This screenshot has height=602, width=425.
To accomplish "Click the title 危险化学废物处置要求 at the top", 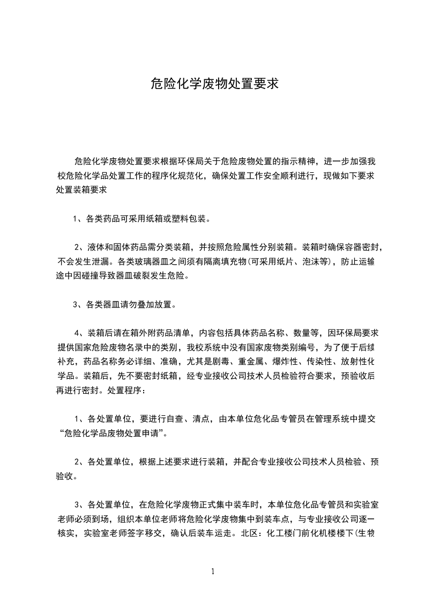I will [x=214, y=84].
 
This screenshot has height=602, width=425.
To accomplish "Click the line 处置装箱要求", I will [x=81, y=189].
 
